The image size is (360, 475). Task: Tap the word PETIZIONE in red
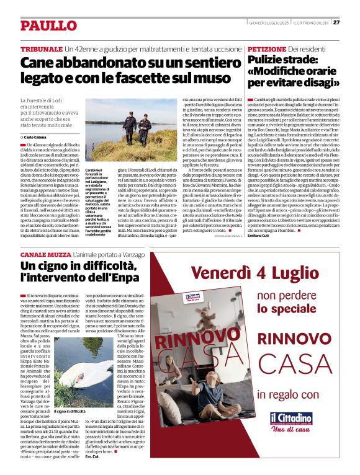pos(268,48)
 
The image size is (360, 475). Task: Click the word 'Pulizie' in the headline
pos(267,60)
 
